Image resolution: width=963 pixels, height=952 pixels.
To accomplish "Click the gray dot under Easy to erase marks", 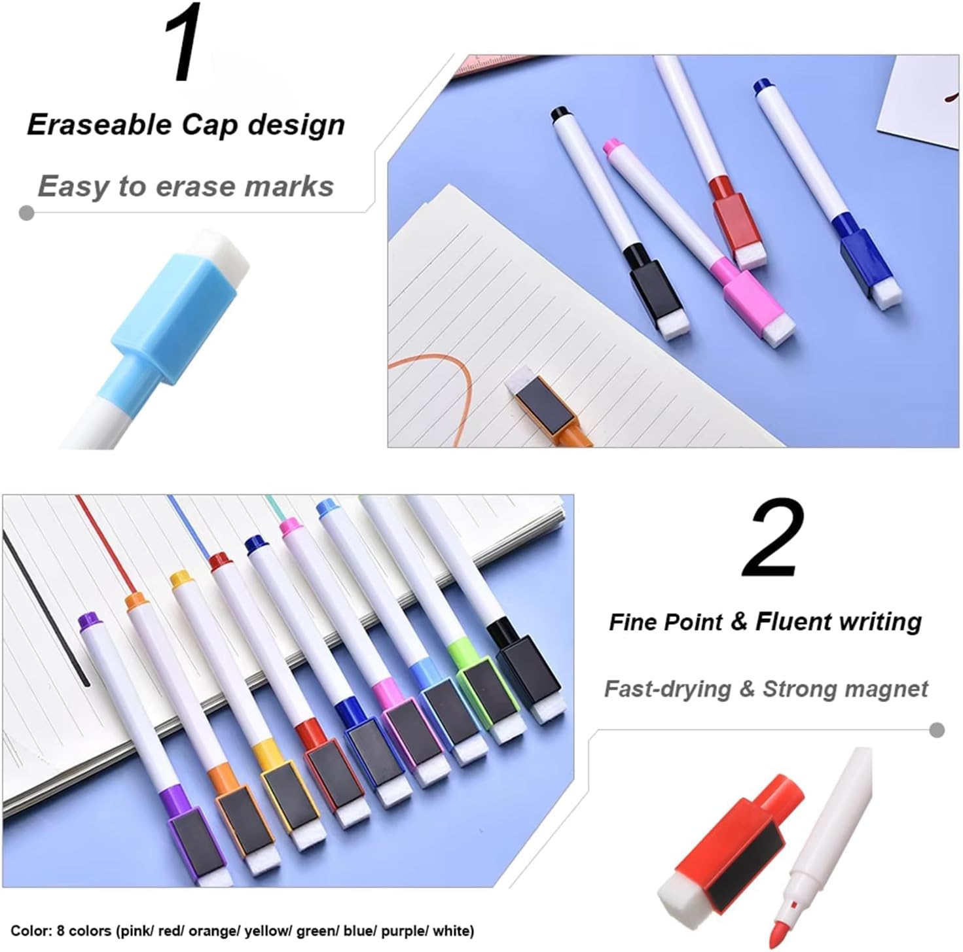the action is (26, 213).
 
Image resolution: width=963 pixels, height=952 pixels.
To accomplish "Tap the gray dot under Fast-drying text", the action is (937, 730).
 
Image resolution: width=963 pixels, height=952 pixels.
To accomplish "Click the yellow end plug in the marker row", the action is (181, 580).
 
